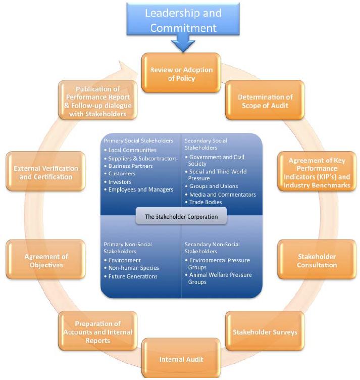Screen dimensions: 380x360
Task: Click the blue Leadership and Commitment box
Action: click(x=183, y=19)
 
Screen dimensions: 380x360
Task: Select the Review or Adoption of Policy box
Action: click(x=181, y=74)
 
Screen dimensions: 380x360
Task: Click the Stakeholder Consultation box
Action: click(x=317, y=260)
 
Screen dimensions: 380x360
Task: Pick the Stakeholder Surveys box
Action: click(x=265, y=332)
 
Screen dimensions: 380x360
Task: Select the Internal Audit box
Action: click(x=181, y=359)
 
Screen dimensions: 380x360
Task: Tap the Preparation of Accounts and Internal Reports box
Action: click(x=98, y=331)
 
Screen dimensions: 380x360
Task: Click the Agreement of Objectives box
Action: click(x=46, y=260)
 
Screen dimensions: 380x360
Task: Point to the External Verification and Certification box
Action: click(x=46, y=172)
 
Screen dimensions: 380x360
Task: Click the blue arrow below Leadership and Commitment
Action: click(x=183, y=45)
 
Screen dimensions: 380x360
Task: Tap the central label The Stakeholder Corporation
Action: click(x=181, y=217)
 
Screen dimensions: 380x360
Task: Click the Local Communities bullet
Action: click(x=132, y=150)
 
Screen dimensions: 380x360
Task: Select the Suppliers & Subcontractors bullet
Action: click(x=142, y=158)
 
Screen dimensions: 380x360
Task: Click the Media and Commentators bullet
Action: click(x=222, y=195)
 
